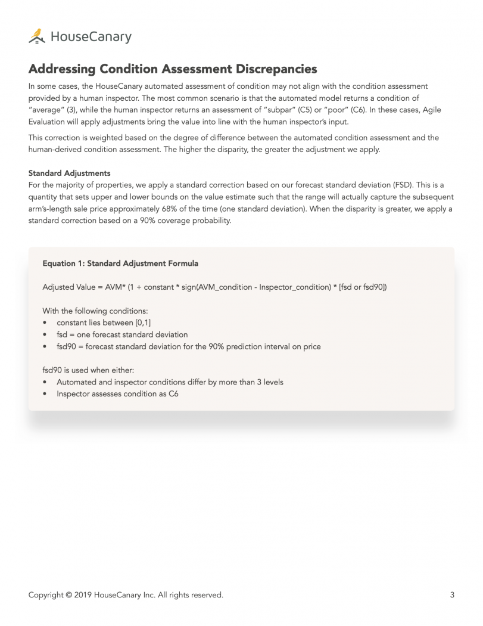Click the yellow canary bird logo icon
[37, 36]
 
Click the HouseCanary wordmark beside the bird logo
[91, 37]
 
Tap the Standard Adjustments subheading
[69, 173]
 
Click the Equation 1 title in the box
[120, 263]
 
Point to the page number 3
[452, 594]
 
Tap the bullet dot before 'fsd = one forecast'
[46, 334]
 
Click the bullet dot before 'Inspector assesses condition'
[46, 393]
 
